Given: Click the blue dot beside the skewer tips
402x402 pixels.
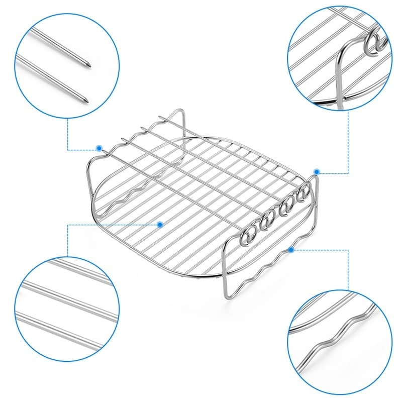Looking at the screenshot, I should tap(99, 148).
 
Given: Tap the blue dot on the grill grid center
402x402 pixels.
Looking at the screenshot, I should tap(160, 224).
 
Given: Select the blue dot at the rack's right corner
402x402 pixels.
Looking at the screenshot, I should tap(317, 171).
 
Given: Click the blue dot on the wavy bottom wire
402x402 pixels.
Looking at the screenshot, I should tap(290, 249).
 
